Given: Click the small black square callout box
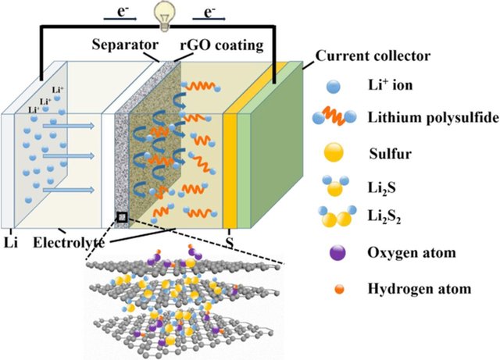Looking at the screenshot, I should click(x=121, y=216).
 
